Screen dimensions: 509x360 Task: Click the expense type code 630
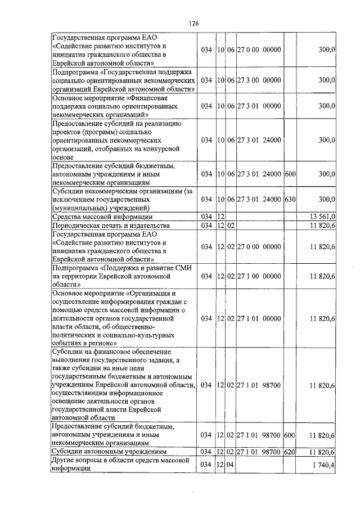pos(290,200)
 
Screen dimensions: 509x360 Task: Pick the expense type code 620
pos(290,452)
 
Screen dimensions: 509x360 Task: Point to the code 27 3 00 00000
pos(259,80)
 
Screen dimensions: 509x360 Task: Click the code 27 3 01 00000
pos(259,105)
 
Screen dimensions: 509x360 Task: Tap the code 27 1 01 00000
pos(259,318)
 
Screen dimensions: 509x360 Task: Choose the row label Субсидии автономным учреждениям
pos(109,452)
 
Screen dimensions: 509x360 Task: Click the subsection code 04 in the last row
pos(231,465)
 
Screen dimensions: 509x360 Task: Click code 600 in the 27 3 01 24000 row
pos(290,174)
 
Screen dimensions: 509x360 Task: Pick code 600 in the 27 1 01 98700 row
pos(290,435)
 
